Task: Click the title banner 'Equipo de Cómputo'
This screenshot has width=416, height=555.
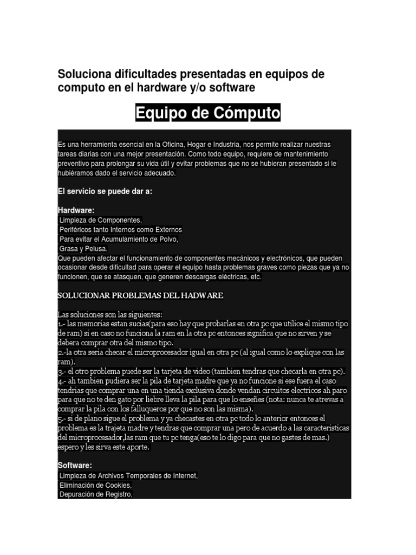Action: click(208, 114)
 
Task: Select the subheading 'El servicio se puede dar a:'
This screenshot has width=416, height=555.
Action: click(105, 191)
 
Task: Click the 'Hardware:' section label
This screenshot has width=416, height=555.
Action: click(76, 210)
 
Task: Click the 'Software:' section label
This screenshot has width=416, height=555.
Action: click(75, 465)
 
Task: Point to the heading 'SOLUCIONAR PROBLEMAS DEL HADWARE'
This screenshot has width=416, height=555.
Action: click(140, 296)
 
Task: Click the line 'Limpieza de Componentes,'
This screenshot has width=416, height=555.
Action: click(101, 220)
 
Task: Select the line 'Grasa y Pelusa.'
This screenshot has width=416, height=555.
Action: click(83, 249)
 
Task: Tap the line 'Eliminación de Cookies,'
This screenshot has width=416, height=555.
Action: click(95, 485)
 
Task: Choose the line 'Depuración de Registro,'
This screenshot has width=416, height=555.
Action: click(95, 494)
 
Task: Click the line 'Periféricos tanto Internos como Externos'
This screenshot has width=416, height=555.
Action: click(121, 230)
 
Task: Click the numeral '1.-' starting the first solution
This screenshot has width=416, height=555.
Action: click(61, 324)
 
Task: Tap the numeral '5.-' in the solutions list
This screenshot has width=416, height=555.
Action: click(61, 418)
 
